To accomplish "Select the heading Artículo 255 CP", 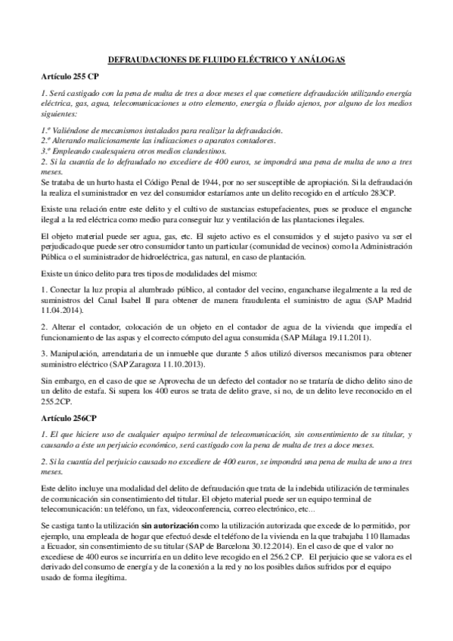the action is click(70, 77).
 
